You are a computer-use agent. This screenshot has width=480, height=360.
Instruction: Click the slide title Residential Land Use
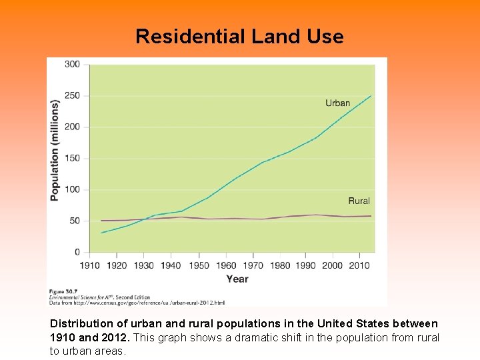[x=239, y=36]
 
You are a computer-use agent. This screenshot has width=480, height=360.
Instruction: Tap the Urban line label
[x=337, y=103]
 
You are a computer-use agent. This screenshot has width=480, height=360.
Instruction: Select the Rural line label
[x=359, y=201]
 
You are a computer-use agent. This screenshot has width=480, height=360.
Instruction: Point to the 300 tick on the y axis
[x=72, y=64]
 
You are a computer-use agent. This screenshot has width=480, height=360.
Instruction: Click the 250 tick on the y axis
[x=72, y=95]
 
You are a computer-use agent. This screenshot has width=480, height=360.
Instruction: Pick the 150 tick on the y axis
[x=72, y=158]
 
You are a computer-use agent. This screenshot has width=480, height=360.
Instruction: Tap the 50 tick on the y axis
[x=74, y=221]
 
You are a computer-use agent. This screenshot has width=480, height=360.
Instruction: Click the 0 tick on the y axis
[x=77, y=252]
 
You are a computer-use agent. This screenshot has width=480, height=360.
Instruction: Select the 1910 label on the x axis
[x=89, y=265]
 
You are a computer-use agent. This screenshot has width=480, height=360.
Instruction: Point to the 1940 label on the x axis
[x=171, y=265]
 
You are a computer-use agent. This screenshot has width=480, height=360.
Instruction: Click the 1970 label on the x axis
[x=252, y=265]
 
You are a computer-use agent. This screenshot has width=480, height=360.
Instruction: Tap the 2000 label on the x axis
[x=333, y=265]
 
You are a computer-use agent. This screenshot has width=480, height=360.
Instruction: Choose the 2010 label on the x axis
[x=360, y=265]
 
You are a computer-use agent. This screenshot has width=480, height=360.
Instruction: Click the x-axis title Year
[x=237, y=279]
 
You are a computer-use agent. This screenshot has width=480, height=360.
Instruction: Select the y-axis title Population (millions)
[x=55, y=150]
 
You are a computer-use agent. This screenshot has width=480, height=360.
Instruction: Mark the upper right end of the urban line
[x=371, y=95]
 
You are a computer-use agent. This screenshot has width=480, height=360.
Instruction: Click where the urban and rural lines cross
[x=145, y=219]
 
